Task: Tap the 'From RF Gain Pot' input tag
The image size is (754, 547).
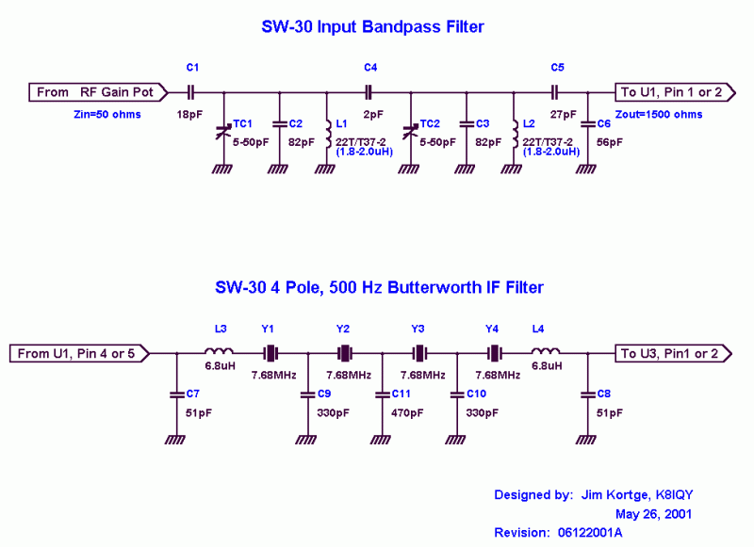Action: [100, 92]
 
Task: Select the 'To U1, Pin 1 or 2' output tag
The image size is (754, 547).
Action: [670, 92]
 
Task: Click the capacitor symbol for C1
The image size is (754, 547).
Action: [191, 92]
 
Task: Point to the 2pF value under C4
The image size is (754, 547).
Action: [371, 113]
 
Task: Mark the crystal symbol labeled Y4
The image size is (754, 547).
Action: [492, 354]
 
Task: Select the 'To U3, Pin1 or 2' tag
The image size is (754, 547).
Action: [670, 354]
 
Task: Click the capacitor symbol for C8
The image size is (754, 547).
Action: [587, 393]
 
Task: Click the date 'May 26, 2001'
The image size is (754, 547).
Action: [653, 514]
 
